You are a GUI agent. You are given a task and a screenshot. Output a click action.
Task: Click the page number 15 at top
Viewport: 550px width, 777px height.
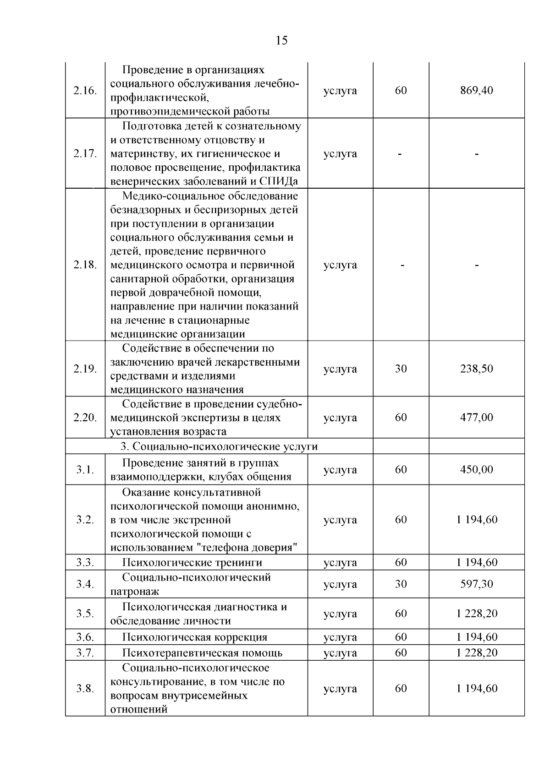[282, 41]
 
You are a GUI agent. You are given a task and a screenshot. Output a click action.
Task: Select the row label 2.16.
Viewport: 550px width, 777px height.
[85, 91]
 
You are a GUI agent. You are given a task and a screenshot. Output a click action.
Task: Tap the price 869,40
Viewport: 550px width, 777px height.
[476, 91]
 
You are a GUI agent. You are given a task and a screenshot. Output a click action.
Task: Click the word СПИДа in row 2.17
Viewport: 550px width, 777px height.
[278, 181]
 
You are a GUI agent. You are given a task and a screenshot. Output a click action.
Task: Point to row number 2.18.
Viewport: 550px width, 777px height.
[85, 265]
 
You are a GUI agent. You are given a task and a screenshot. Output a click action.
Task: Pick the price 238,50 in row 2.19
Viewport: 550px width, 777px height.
[476, 369]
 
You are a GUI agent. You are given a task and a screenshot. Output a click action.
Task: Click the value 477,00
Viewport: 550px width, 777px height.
[476, 418]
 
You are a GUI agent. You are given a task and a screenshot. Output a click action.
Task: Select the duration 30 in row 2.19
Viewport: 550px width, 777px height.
[401, 369]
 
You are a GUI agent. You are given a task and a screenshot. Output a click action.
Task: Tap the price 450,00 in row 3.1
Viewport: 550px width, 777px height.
[476, 470]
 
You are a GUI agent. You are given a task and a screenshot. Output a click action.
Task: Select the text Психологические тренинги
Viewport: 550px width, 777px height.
[192, 562]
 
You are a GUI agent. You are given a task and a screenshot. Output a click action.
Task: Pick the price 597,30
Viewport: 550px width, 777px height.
[476, 584]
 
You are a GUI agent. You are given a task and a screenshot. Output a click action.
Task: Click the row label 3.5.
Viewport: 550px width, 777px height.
[85, 614]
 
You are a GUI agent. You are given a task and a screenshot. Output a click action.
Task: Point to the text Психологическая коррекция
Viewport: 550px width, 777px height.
[194, 637]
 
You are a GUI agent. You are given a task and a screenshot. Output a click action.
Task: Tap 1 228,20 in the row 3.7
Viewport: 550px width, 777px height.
[476, 653]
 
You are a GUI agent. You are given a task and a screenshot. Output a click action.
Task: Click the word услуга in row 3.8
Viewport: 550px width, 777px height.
[340, 689]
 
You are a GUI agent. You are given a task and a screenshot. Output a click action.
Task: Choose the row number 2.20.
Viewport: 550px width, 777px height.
[85, 418]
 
